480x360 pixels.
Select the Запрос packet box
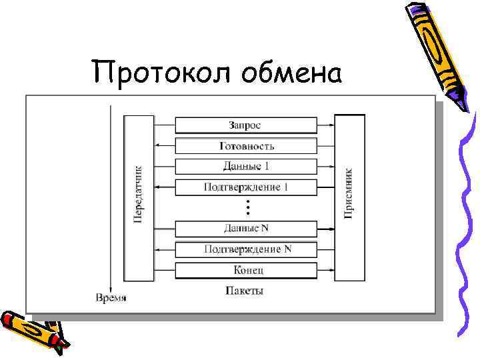[x=245, y=125]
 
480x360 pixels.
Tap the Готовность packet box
[x=245, y=146]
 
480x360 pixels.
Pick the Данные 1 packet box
[x=245, y=166]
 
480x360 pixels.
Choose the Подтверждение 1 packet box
[x=245, y=187]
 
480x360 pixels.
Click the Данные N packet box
[x=245, y=229]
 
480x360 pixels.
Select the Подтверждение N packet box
[x=245, y=250]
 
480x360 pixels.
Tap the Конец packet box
[x=245, y=271]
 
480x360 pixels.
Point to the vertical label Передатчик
[x=139, y=195]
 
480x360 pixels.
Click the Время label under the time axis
[x=110, y=297]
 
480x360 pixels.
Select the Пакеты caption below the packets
[x=245, y=291]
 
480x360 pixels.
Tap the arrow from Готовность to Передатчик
[x=164, y=145]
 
